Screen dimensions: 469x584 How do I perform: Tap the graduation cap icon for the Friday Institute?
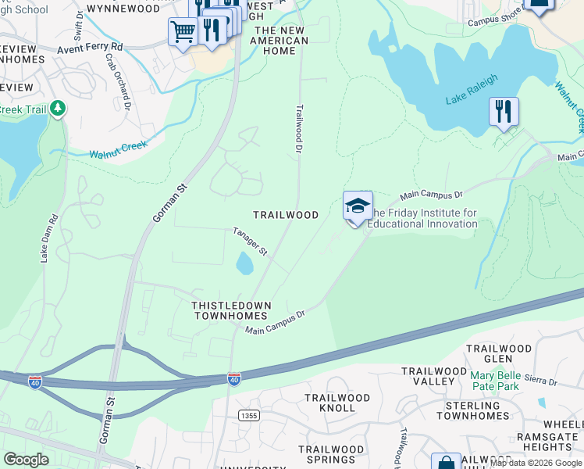point(358,206)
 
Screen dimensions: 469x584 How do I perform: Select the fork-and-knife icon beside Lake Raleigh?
point(504,112)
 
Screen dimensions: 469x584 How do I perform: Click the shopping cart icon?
point(183,33)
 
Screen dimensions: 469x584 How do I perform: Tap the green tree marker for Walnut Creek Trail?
point(57,109)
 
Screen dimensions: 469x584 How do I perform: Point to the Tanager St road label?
point(250,242)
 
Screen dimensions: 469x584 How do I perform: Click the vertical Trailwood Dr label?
point(298,128)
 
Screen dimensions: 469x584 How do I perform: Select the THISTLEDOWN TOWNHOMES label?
point(226,310)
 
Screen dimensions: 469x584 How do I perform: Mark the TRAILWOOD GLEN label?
point(499,353)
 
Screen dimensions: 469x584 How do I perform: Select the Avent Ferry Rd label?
point(91,48)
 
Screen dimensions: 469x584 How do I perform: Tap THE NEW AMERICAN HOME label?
point(280,40)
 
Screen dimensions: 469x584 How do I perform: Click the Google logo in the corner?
point(26,460)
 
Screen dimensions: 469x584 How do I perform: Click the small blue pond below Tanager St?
point(244,263)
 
